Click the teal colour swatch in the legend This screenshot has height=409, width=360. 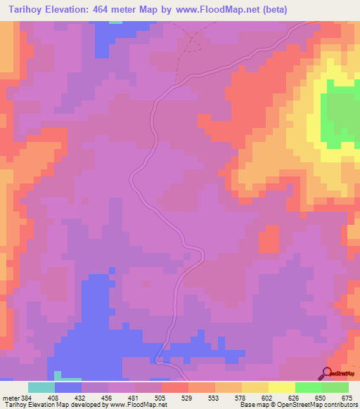(41, 387)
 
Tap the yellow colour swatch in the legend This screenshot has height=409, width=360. (282, 387)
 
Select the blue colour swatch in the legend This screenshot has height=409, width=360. (68, 387)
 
